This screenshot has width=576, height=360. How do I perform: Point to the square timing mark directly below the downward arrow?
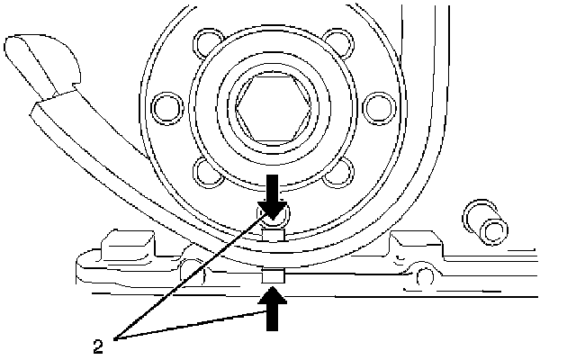pyautogui.click(x=273, y=236)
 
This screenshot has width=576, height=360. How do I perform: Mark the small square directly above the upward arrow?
pyautogui.click(x=273, y=274)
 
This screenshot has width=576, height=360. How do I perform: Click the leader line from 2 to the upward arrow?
pyautogui.click(x=198, y=325)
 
